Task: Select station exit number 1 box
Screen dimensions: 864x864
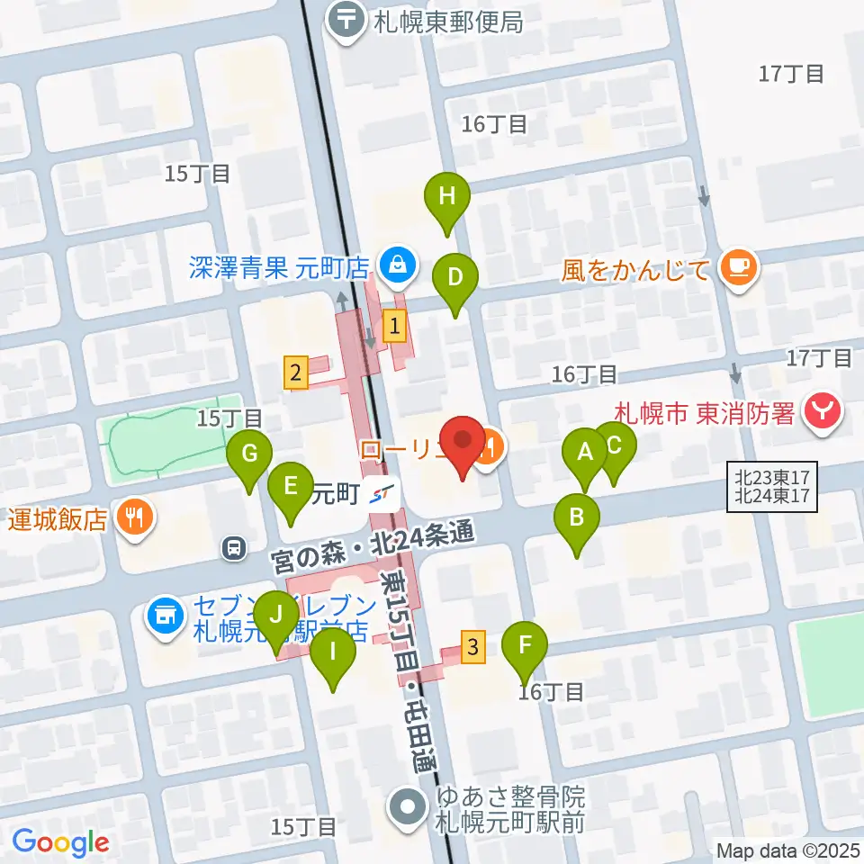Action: click(x=393, y=326)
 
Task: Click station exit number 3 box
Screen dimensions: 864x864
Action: click(x=474, y=647)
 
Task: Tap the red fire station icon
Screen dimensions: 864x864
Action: click(x=823, y=413)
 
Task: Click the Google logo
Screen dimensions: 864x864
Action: click(x=61, y=843)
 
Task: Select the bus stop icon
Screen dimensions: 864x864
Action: click(x=234, y=546)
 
